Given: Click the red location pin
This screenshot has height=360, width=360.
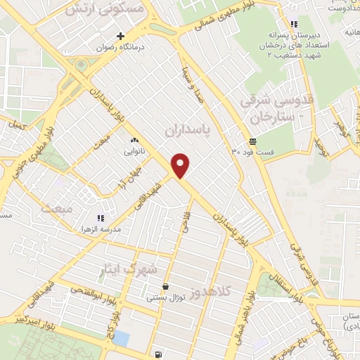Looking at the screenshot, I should (x=181, y=166).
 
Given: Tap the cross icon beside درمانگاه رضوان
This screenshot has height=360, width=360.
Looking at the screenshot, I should (x=121, y=37).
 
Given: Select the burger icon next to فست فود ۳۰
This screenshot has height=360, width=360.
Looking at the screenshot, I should (x=252, y=141).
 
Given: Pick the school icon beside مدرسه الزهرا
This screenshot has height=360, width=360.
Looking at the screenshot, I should (x=101, y=219).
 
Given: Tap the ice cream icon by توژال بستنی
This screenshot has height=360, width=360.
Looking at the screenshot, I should (x=165, y=287).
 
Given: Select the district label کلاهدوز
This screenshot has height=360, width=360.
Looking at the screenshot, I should (x=231, y=289).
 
